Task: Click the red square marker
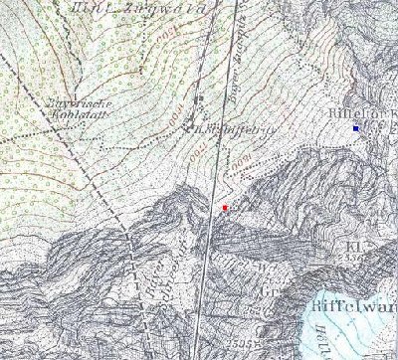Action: click(226, 207)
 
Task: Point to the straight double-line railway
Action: click(221, 149)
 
